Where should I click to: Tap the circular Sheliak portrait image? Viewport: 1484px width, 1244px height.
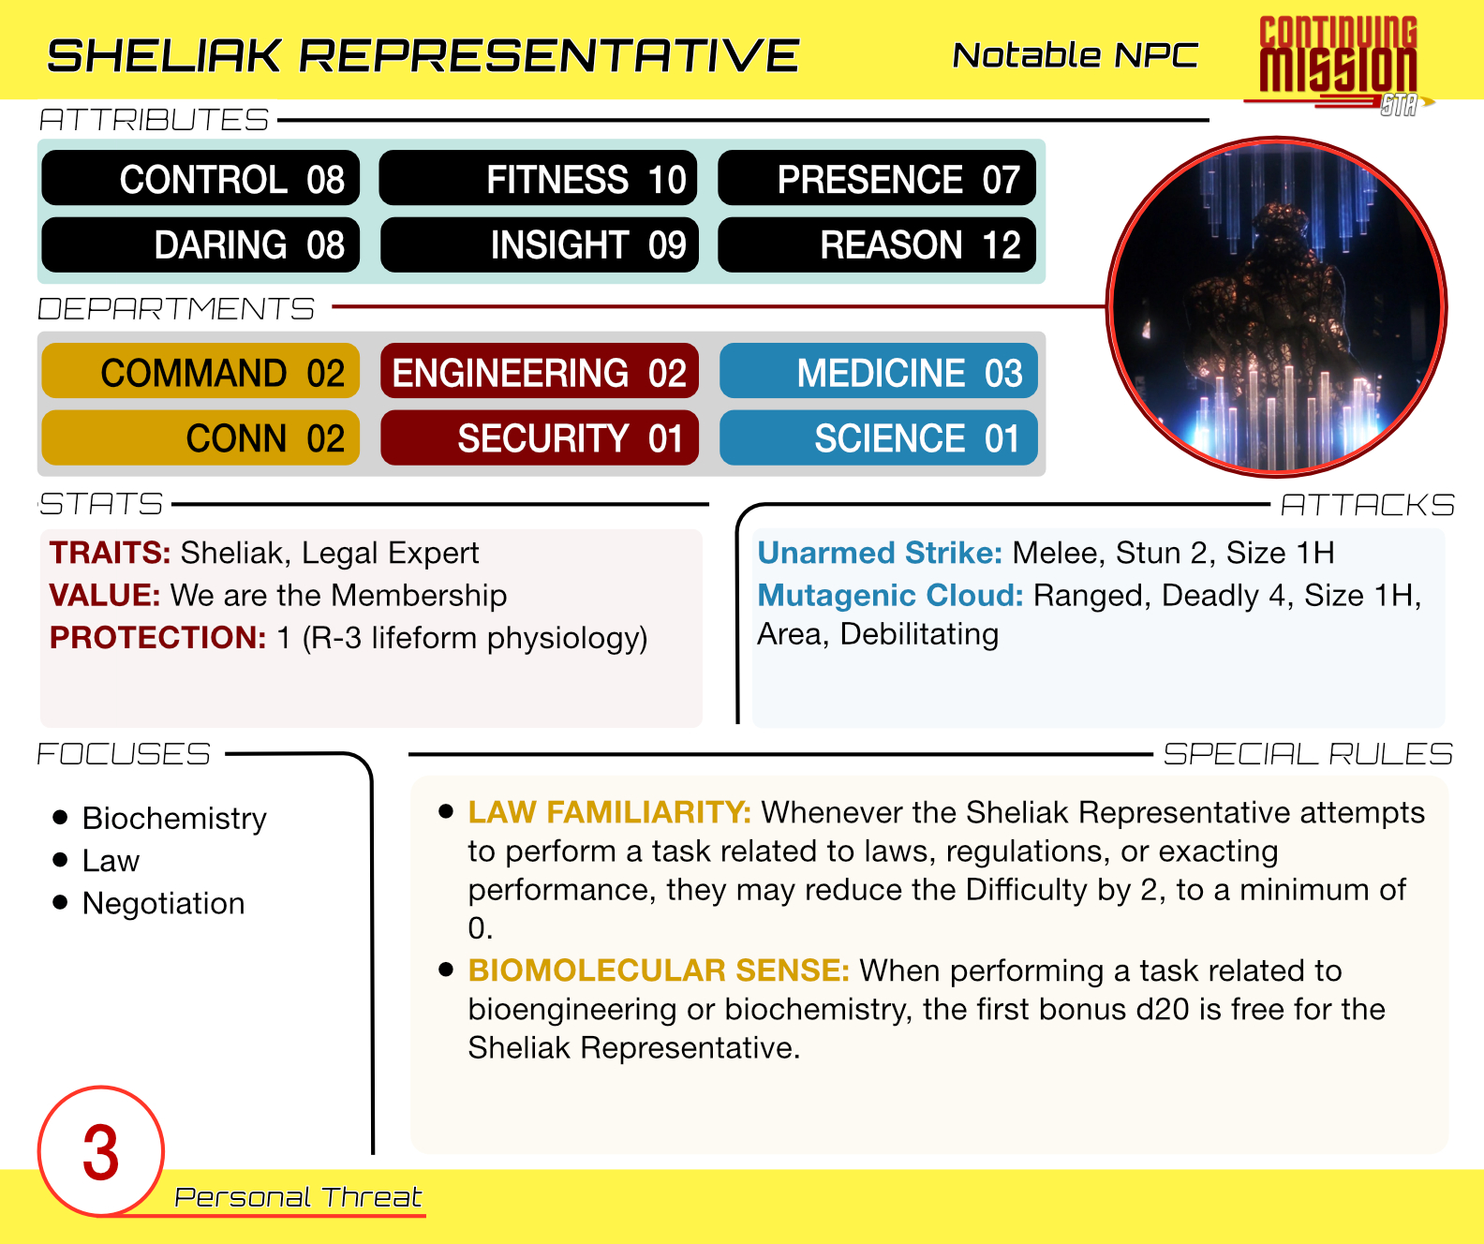point(1276,306)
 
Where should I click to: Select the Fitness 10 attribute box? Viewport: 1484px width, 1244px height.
point(538,178)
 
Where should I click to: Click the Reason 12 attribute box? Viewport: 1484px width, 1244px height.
point(877,244)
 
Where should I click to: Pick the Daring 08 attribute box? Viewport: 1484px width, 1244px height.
point(200,244)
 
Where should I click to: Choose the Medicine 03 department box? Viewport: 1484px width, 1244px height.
point(879,372)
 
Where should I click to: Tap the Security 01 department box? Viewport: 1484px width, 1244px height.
point(540,437)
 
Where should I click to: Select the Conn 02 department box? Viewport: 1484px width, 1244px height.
point(200,437)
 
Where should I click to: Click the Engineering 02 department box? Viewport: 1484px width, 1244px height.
point(540,372)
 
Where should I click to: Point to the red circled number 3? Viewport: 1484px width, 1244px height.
point(101,1151)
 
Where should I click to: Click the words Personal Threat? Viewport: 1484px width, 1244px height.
point(298,1197)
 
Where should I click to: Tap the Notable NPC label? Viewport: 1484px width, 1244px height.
point(1075,55)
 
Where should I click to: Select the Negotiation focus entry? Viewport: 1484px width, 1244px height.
point(163,904)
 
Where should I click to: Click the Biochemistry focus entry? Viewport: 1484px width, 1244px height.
point(174,818)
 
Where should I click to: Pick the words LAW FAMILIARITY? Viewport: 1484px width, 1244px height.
point(609,812)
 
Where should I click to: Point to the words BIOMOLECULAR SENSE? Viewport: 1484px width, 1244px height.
point(658,970)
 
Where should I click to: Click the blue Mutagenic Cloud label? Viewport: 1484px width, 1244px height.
point(890,595)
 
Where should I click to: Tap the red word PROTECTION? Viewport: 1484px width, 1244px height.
point(157,638)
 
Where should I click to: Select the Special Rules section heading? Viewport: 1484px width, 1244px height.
point(1308,753)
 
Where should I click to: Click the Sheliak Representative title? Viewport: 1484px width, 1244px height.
point(423,55)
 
